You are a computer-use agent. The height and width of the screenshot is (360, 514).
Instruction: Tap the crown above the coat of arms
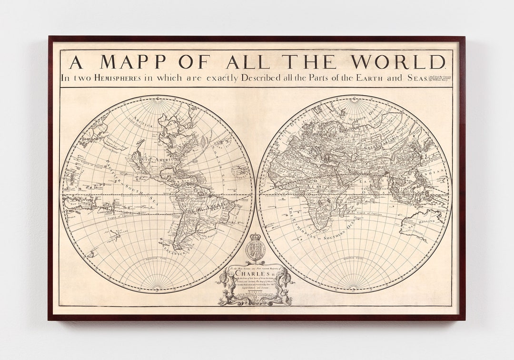[256, 236]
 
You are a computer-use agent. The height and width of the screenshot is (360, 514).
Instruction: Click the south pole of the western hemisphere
[157, 288]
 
